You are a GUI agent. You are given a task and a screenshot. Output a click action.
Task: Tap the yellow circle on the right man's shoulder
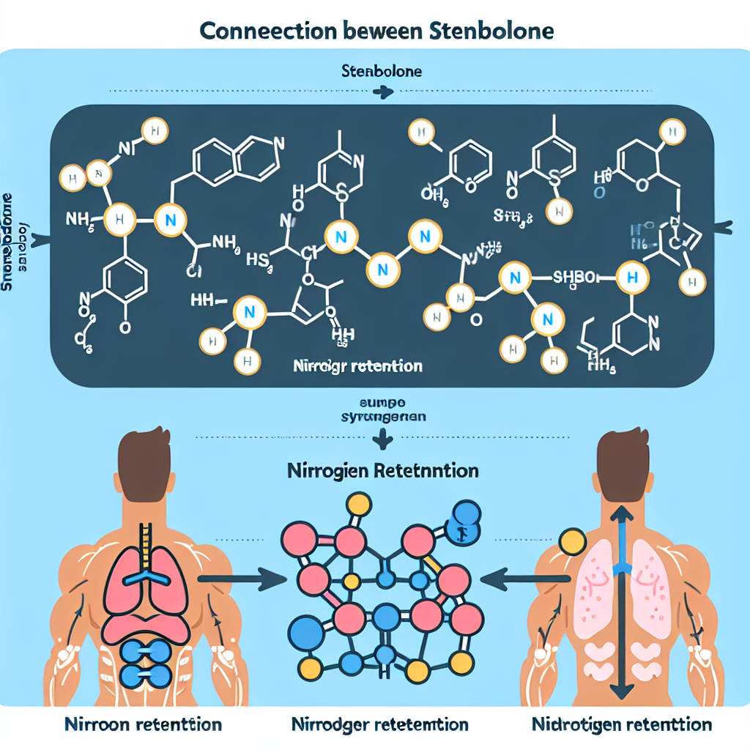click(571, 542)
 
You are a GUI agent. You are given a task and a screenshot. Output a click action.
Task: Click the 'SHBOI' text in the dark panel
click(576, 277)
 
